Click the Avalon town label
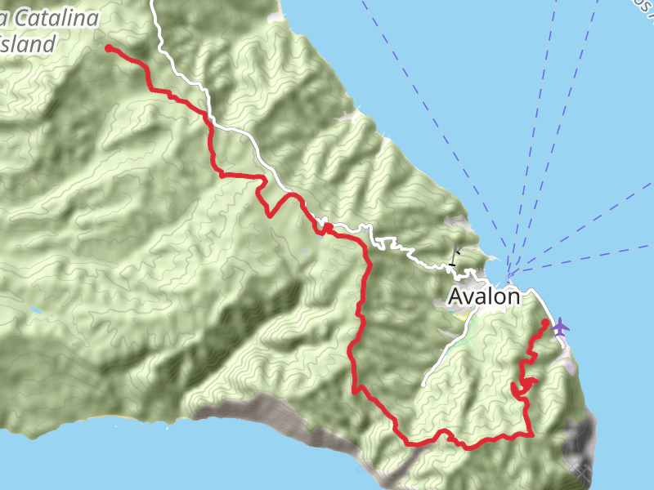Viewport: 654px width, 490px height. (484, 296)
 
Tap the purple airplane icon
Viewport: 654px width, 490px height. (560, 327)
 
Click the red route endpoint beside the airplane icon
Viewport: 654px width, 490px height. (545, 324)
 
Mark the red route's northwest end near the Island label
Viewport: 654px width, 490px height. (109, 48)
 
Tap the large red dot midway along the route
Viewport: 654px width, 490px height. (325, 228)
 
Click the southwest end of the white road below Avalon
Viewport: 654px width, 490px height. (425, 384)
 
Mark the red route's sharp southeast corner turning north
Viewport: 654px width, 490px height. (532, 434)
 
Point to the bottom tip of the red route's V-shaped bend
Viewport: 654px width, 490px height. (271, 215)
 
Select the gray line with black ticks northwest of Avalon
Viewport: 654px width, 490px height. (453, 256)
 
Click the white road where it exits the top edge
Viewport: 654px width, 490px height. (153, 2)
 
